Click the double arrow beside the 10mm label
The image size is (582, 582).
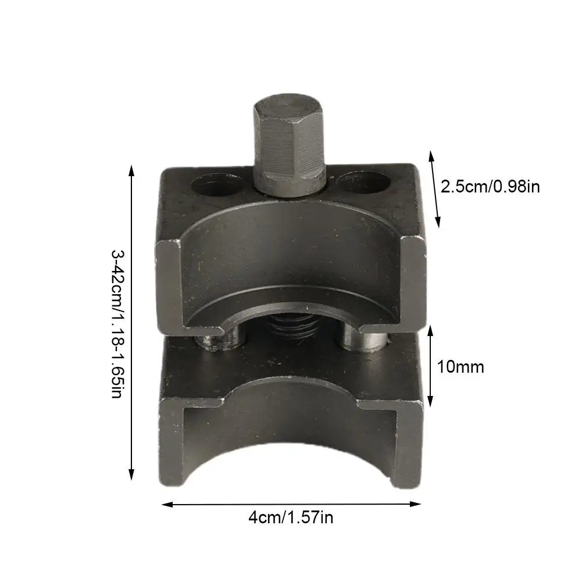[431, 366]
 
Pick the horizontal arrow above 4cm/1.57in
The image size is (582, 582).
[291, 504]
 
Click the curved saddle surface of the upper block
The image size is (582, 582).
[291, 256]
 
